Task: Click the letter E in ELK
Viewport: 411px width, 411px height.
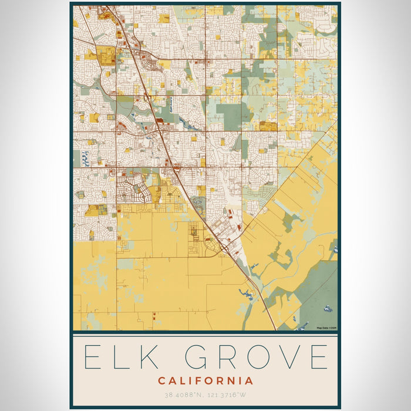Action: (95, 357)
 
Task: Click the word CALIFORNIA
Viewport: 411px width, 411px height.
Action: (206, 380)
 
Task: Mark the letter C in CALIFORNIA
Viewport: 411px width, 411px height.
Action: (161, 380)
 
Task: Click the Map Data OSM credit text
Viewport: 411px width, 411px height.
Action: (326, 328)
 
